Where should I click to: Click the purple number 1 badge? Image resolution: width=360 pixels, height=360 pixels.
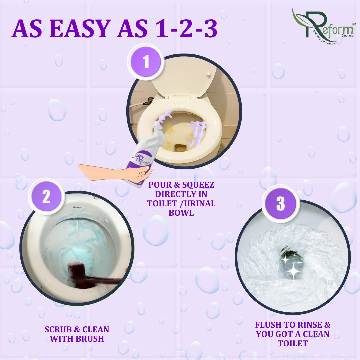tap(146, 62)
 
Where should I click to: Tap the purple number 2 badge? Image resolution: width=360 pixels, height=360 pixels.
tap(46, 196)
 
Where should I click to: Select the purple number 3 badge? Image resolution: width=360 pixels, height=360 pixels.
tap(280, 203)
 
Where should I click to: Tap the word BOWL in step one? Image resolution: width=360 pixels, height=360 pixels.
tap(181, 213)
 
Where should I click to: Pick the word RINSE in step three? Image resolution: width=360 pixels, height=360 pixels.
tap(310, 325)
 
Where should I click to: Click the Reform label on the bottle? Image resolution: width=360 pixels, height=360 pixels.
tap(142, 159)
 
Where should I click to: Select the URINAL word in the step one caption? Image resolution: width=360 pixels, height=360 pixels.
tap(200, 203)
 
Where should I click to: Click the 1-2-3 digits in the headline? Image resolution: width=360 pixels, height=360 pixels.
tap(186, 29)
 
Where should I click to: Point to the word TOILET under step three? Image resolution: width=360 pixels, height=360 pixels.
tap(293, 343)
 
